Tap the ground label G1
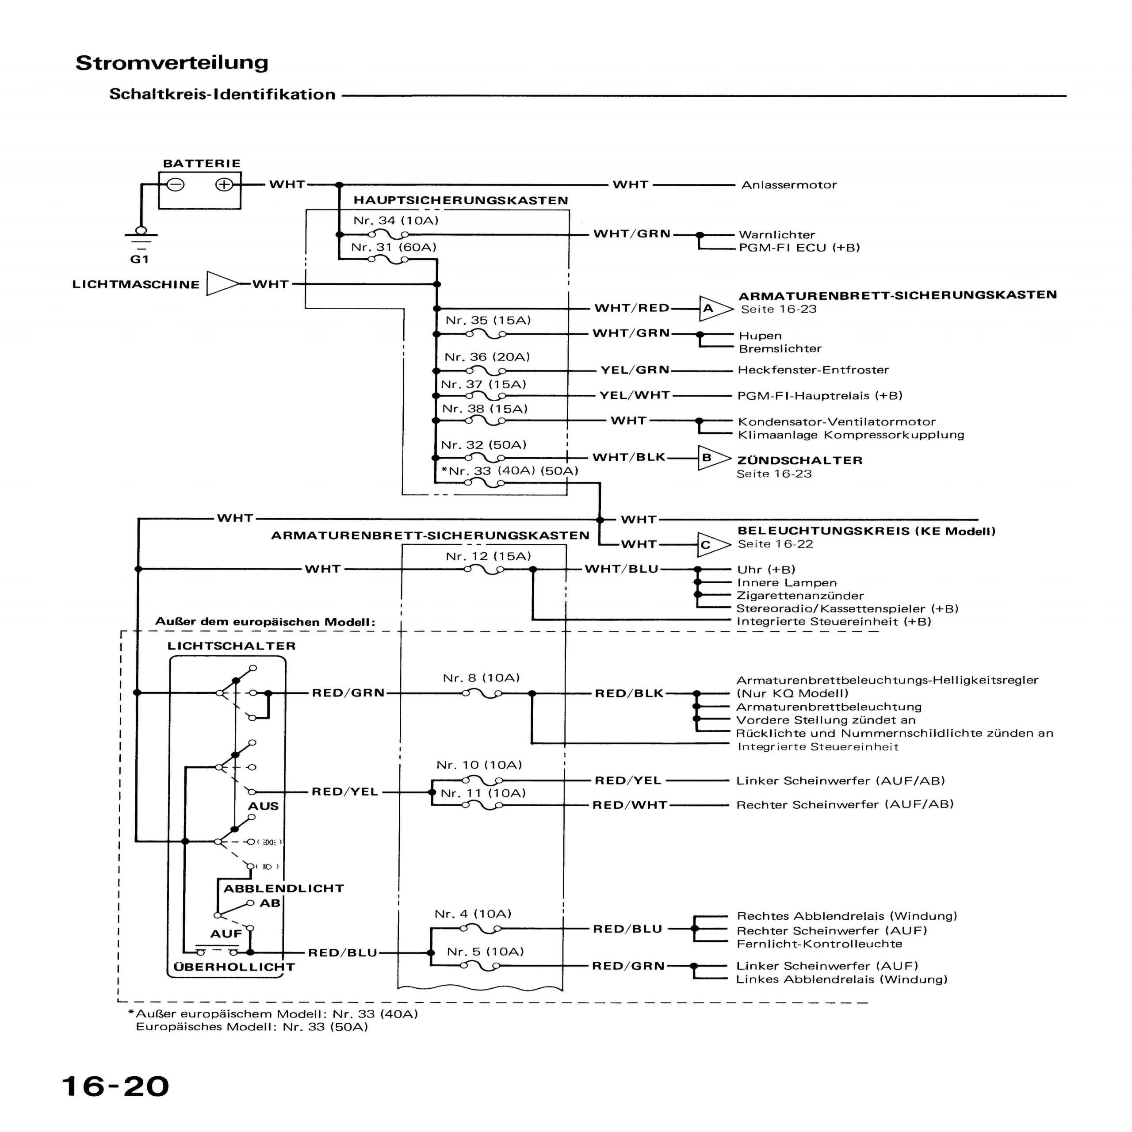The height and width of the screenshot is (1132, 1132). pyautogui.click(x=139, y=259)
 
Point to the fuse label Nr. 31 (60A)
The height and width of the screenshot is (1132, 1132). pyautogui.click(x=394, y=247)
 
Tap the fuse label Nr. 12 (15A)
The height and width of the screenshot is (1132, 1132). pyautogui.click(x=488, y=556)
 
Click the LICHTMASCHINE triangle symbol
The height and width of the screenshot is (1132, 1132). pyautogui.click(x=222, y=284)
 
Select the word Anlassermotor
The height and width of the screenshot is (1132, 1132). pyautogui.click(x=789, y=185)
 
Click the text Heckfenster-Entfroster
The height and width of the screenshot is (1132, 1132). pyautogui.click(x=813, y=370)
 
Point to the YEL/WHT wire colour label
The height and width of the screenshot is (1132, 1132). pyautogui.click(x=634, y=395)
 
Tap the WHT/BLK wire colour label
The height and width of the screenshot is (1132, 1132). pyautogui.click(x=629, y=457)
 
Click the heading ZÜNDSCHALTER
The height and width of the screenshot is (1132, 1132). pyautogui.click(x=800, y=460)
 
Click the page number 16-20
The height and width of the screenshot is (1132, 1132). pyautogui.click(x=115, y=1086)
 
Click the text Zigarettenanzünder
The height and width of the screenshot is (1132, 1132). pyautogui.click(x=800, y=596)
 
